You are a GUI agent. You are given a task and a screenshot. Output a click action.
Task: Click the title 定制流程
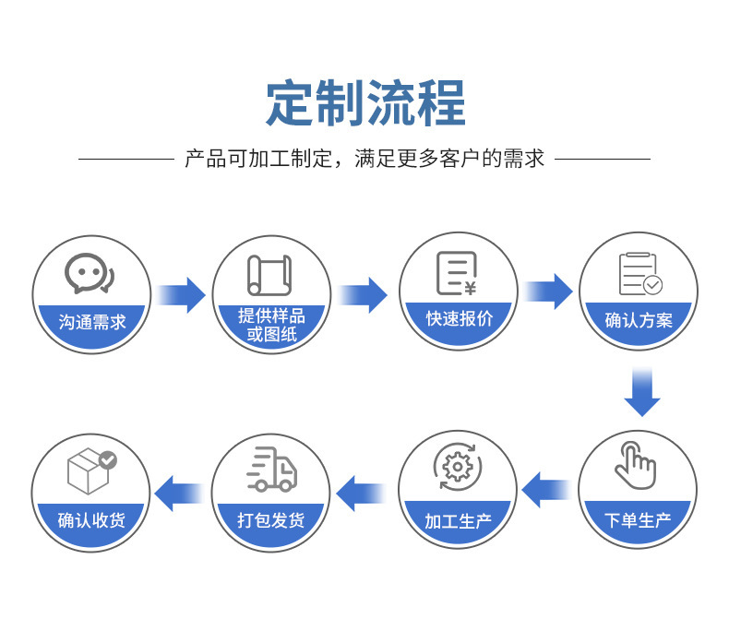(x=365, y=102)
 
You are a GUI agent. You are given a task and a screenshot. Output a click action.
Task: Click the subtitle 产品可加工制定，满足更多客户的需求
(x=364, y=159)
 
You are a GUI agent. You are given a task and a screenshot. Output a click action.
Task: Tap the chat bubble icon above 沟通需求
(x=90, y=273)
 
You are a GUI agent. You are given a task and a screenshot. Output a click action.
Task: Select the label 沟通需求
(x=92, y=322)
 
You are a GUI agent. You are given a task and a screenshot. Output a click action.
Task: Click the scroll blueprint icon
(x=269, y=275)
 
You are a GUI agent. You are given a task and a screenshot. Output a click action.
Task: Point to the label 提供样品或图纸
(x=271, y=324)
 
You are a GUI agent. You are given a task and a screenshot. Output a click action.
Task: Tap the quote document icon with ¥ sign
(x=457, y=273)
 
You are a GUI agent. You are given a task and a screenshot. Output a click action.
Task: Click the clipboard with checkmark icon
(x=639, y=274)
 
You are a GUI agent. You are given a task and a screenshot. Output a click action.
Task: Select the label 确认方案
(x=639, y=321)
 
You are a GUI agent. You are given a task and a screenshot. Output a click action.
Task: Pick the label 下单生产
(x=639, y=520)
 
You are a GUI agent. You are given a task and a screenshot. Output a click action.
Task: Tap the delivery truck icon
(x=271, y=470)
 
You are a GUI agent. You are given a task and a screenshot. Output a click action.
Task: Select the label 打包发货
(x=271, y=520)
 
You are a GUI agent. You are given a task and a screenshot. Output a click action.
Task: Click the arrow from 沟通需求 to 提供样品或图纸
(x=181, y=295)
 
